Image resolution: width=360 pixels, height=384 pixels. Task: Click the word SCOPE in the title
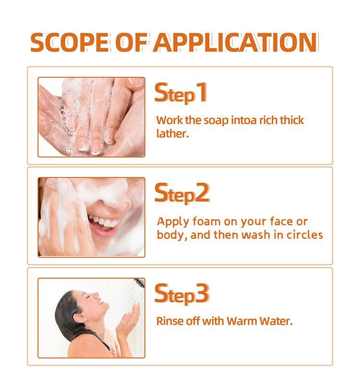pyautogui.click(x=70, y=42)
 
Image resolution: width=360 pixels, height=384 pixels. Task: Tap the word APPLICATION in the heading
pyautogui.click(x=236, y=42)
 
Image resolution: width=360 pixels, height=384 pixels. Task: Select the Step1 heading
pyautogui.click(x=181, y=93)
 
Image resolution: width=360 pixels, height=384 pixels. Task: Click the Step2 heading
pyautogui.click(x=182, y=194)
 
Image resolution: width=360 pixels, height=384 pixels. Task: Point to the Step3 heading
pyautogui.click(x=182, y=294)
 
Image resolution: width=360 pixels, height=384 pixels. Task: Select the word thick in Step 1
pyautogui.click(x=292, y=120)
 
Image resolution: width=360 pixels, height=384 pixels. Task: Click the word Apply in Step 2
pyautogui.click(x=173, y=222)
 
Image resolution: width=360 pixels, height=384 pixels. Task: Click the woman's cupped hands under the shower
pyautogui.click(x=128, y=321)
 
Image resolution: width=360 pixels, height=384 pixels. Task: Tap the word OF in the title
pyautogui.click(x=131, y=42)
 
